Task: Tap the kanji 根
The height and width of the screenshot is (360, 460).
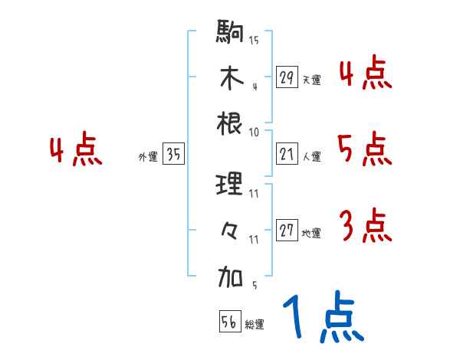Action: click(230, 123)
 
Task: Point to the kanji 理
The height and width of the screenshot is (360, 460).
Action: click(230, 185)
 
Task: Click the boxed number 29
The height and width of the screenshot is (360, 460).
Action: click(287, 77)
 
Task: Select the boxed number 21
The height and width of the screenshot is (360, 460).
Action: click(287, 155)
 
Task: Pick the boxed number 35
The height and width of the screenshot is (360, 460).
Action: click(173, 155)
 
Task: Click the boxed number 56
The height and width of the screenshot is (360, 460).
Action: click(229, 322)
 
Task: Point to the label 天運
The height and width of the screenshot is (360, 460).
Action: click(311, 80)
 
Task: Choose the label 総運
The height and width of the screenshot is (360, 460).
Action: click(255, 325)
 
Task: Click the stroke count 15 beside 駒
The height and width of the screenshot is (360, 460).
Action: click(254, 40)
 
